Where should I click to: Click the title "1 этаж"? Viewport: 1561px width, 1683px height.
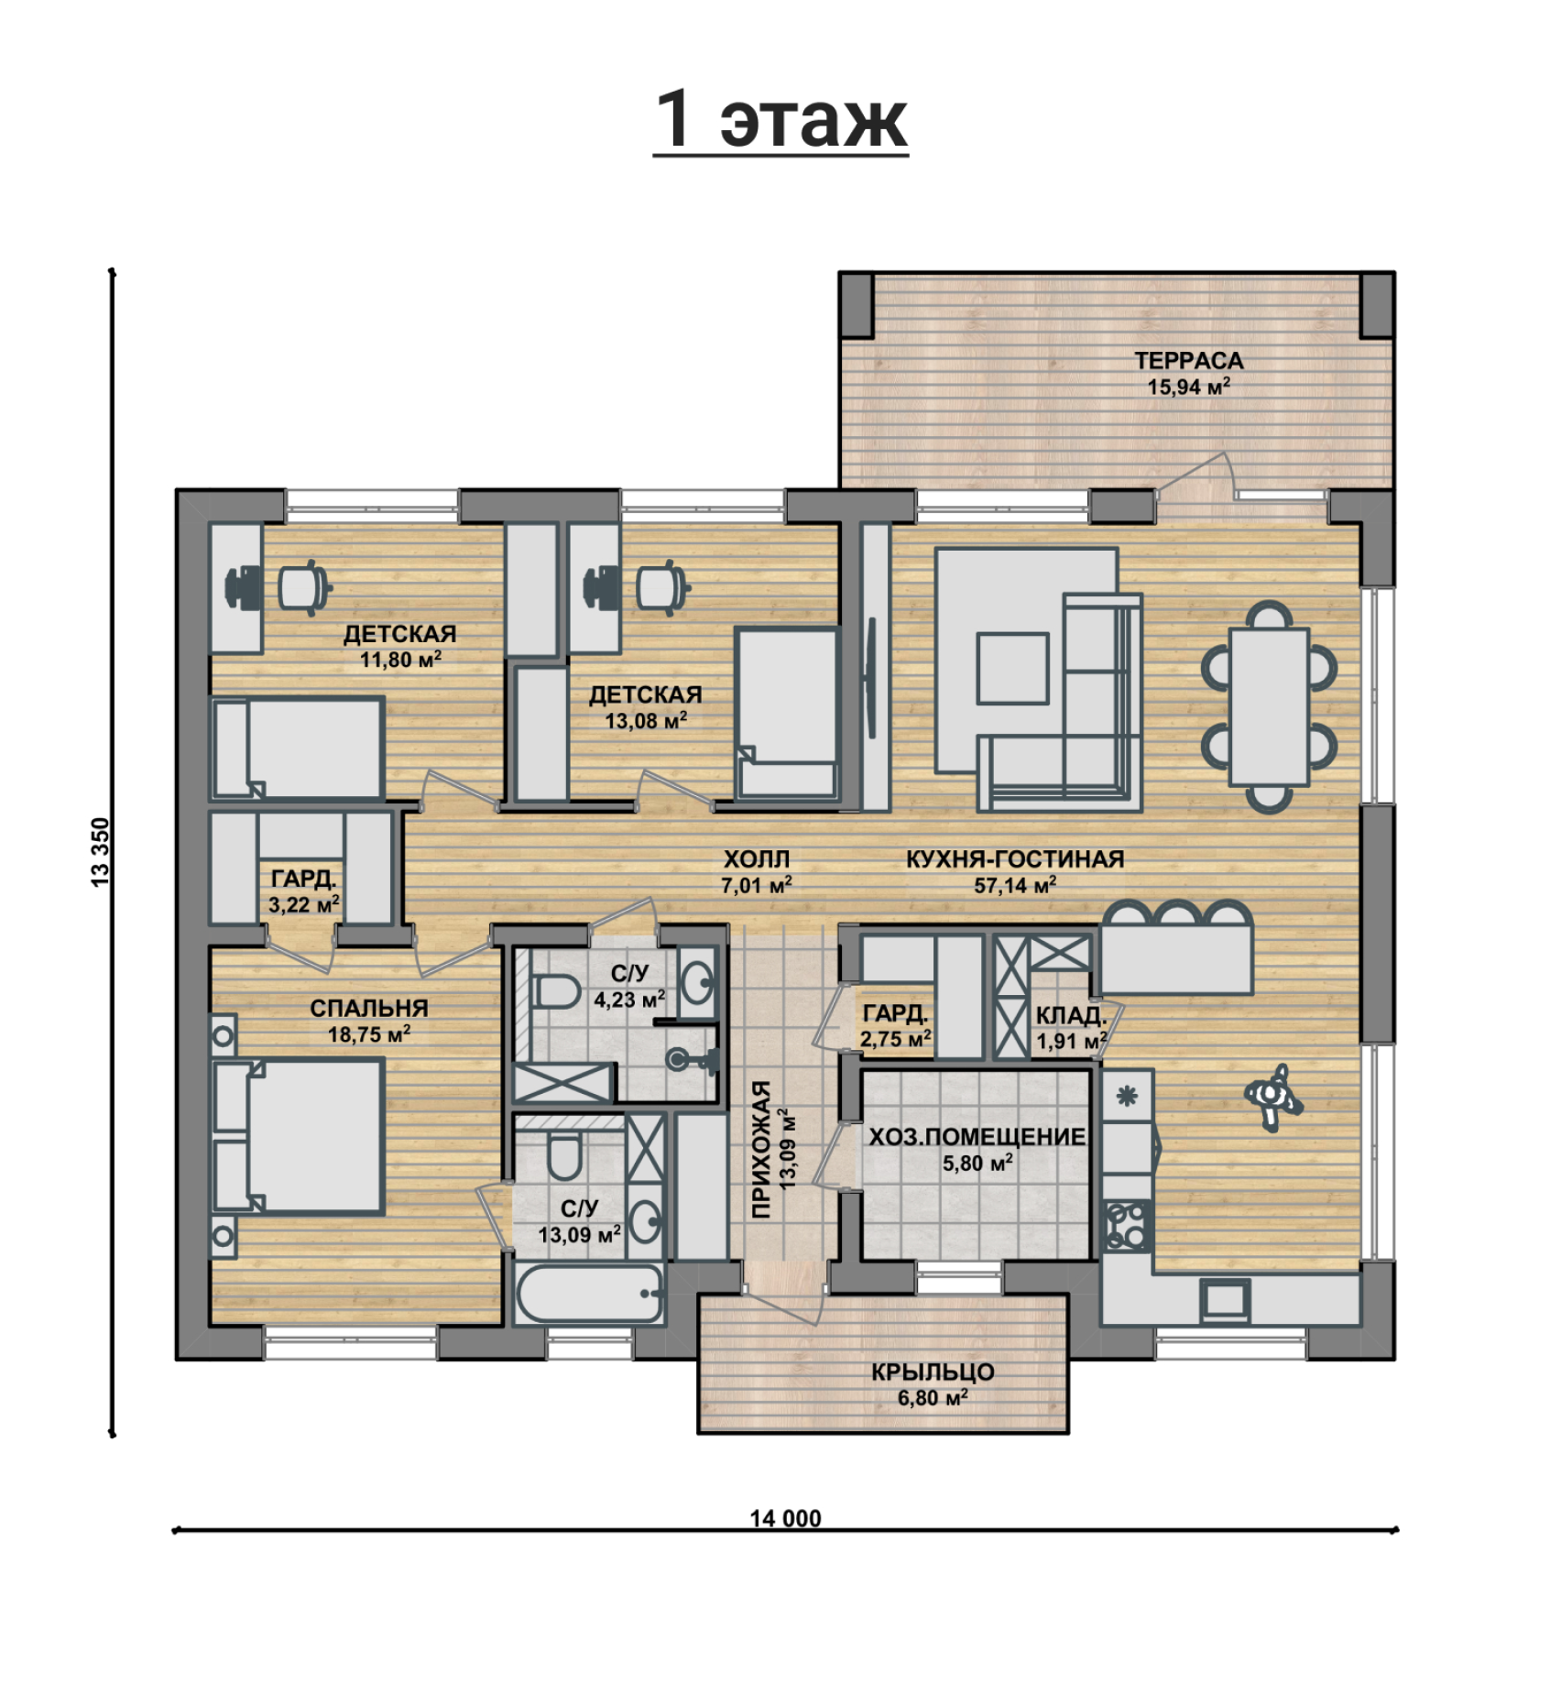(780, 119)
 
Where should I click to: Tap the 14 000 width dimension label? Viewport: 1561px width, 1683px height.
(785, 1518)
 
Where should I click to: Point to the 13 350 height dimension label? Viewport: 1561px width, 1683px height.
(101, 851)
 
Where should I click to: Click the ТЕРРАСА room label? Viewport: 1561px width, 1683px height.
(1189, 361)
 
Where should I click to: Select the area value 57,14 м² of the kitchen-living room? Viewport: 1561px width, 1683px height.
(1015, 885)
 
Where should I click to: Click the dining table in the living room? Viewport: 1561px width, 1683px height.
(1269, 705)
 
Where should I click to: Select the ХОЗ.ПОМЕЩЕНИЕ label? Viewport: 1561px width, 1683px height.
(977, 1137)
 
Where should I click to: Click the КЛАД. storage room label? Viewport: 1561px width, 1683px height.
(1071, 1015)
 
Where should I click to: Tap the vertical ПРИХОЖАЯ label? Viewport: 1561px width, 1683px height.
(761, 1150)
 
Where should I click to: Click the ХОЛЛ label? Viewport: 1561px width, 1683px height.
(756, 859)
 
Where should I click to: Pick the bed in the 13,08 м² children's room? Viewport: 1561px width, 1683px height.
(788, 714)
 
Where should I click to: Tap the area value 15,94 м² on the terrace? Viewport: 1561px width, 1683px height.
(1189, 387)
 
